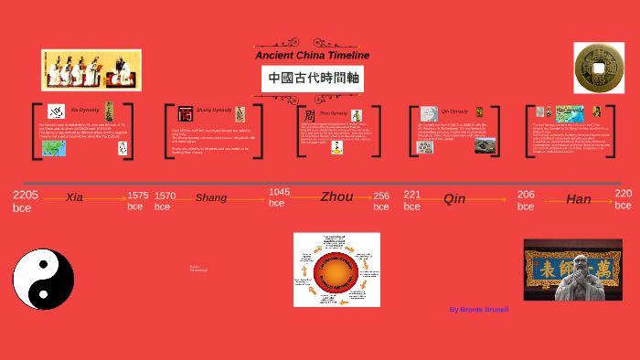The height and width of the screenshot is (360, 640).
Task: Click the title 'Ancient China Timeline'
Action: point(312,56)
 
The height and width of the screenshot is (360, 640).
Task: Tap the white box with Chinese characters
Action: point(314,79)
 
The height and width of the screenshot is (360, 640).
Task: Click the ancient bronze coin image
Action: point(598,68)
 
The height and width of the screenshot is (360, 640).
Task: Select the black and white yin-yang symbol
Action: point(43,279)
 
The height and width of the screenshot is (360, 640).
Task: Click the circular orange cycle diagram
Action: point(336,270)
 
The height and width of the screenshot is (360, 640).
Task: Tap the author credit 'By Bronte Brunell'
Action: point(478,310)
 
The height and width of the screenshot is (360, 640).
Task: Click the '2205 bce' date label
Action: point(26,201)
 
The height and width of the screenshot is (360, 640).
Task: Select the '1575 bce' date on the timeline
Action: point(138,201)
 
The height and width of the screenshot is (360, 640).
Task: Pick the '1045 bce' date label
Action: point(280,197)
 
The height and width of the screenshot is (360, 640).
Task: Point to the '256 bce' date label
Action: point(381,201)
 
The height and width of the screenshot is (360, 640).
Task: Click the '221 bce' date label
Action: point(412,200)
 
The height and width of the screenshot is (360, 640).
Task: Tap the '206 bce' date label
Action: point(526,200)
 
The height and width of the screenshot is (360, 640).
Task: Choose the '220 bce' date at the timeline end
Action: point(623,198)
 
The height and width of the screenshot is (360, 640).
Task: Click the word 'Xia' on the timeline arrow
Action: point(75,197)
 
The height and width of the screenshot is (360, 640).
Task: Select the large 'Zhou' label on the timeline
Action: point(336,196)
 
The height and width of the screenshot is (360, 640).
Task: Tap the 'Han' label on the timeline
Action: point(579,199)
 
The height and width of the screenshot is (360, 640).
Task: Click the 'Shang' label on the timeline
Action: point(211,197)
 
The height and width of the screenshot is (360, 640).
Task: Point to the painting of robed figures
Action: point(91,70)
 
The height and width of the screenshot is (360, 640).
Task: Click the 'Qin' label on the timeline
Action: point(454,198)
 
